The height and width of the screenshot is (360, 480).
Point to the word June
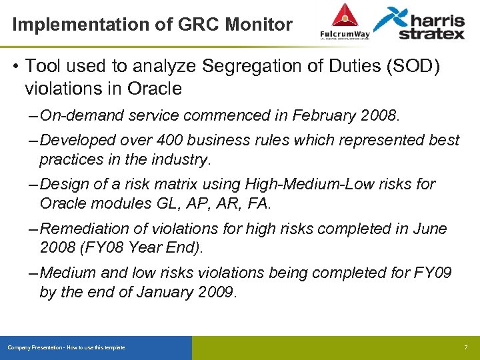pos(431,229)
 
